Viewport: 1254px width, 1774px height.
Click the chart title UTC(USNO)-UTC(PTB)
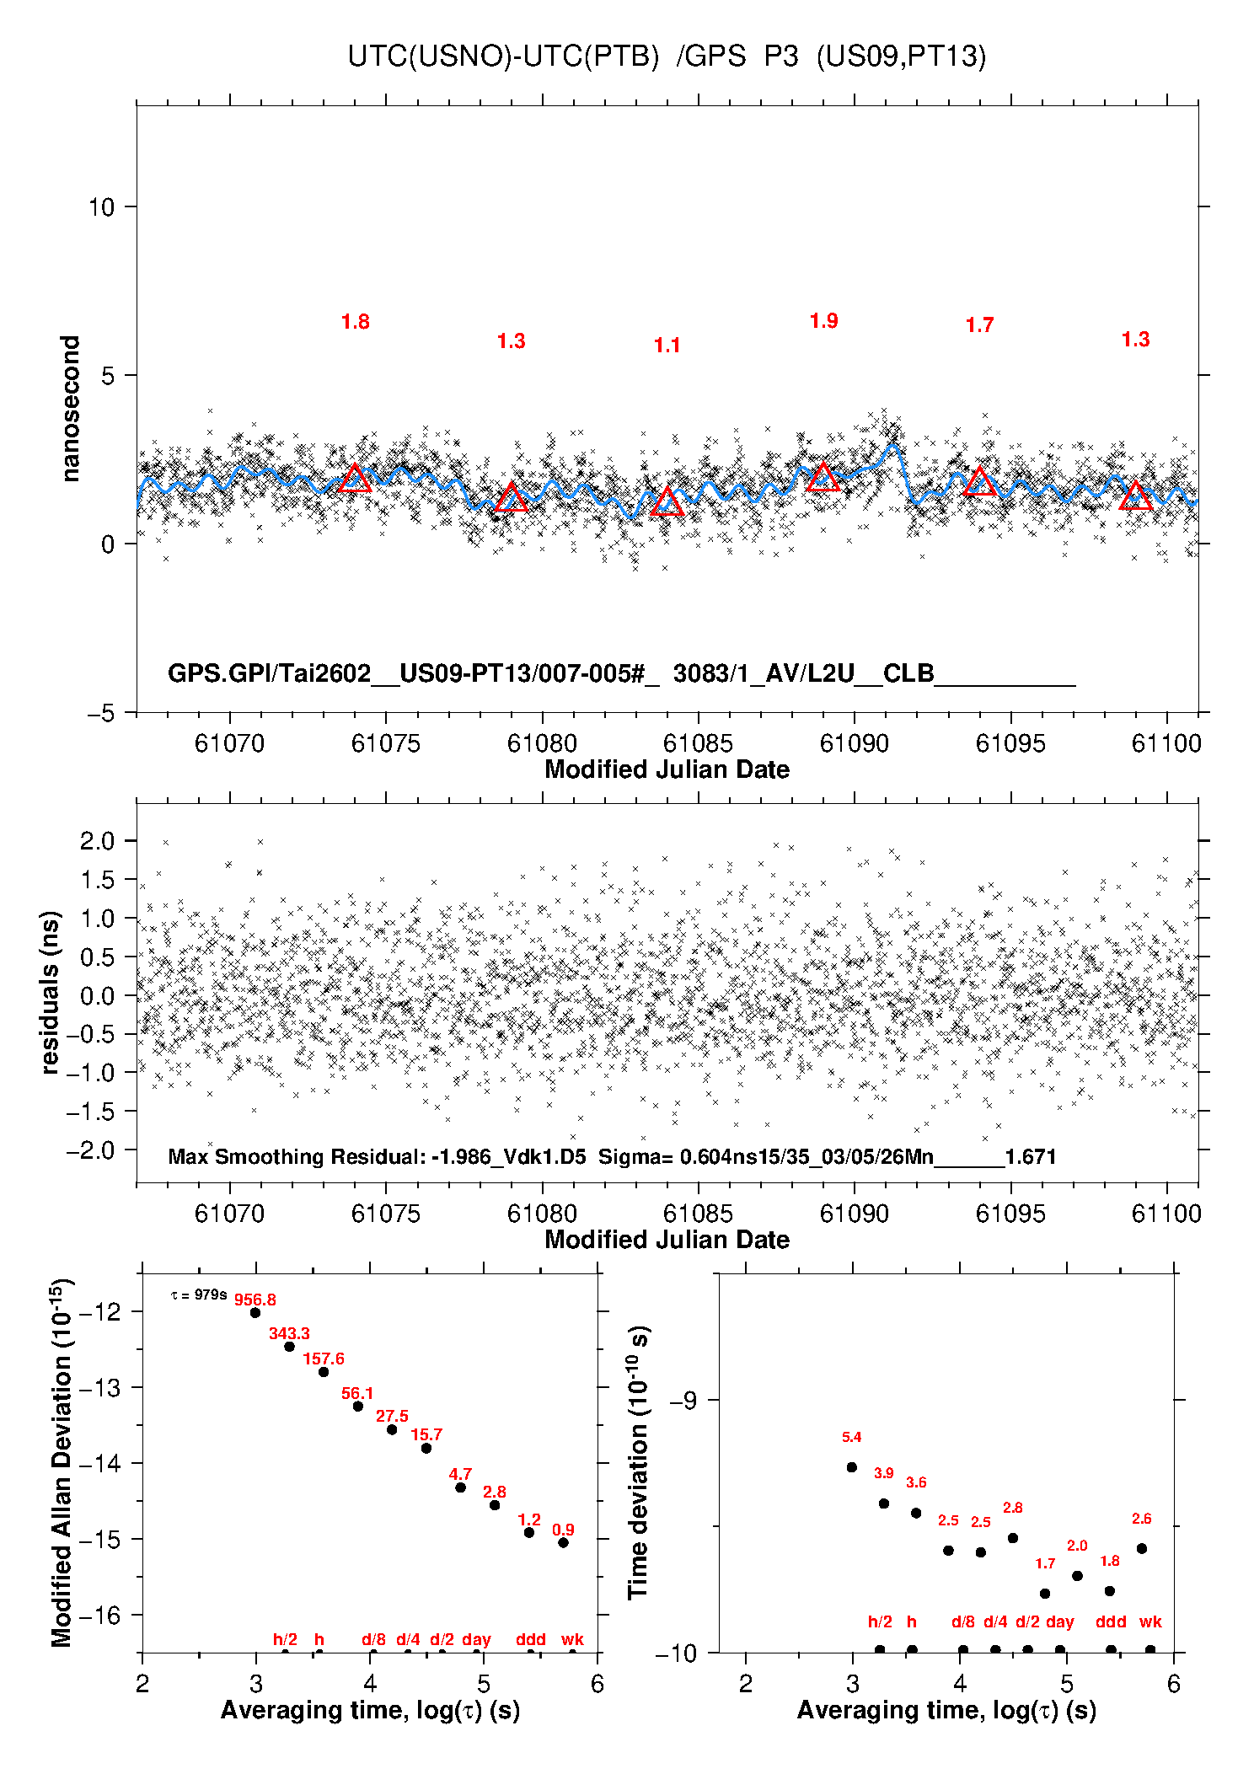[x=503, y=56]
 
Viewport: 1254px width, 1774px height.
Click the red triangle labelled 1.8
[x=355, y=478]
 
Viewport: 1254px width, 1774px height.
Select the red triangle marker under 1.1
[x=667, y=501]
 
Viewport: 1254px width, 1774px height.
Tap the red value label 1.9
[x=823, y=321]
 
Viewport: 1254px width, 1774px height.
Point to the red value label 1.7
[x=979, y=325]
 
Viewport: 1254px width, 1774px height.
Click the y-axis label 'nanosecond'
[x=70, y=409]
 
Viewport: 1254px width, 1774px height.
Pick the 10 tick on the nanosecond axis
[x=101, y=207]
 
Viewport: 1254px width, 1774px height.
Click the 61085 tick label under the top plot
[x=698, y=743]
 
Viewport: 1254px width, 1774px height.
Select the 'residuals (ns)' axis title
[x=51, y=993]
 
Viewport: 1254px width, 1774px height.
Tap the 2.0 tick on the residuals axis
[x=97, y=841]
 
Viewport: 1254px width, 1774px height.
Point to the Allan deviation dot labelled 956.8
[x=255, y=1313]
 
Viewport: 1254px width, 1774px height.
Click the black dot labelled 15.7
[x=426, y=1449]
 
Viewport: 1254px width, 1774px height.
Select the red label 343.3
[x=289, y=1334]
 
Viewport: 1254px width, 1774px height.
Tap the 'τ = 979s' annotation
[x=199, y=1294]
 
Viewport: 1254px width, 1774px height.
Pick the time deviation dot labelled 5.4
[x=852, y=1467]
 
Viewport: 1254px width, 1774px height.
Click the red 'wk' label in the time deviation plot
[x=1150, y=1621]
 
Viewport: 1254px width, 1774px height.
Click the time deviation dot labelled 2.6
[x=1142, y=1549]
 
